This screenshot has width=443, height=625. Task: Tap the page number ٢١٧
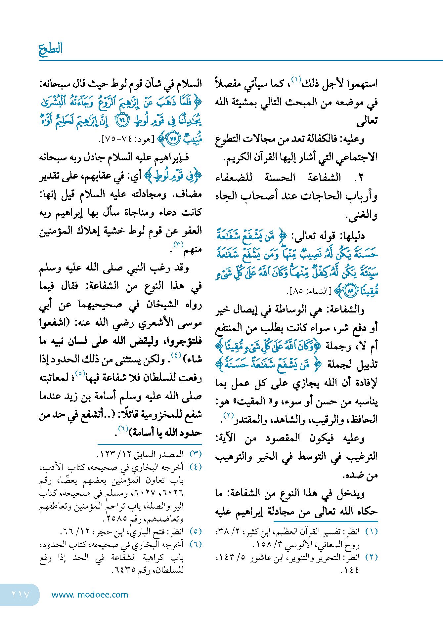point(21,594)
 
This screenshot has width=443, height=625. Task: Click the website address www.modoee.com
point(90,595)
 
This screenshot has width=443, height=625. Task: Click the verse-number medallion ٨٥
point(350,291)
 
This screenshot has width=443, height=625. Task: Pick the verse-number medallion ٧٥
point(173,139)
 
